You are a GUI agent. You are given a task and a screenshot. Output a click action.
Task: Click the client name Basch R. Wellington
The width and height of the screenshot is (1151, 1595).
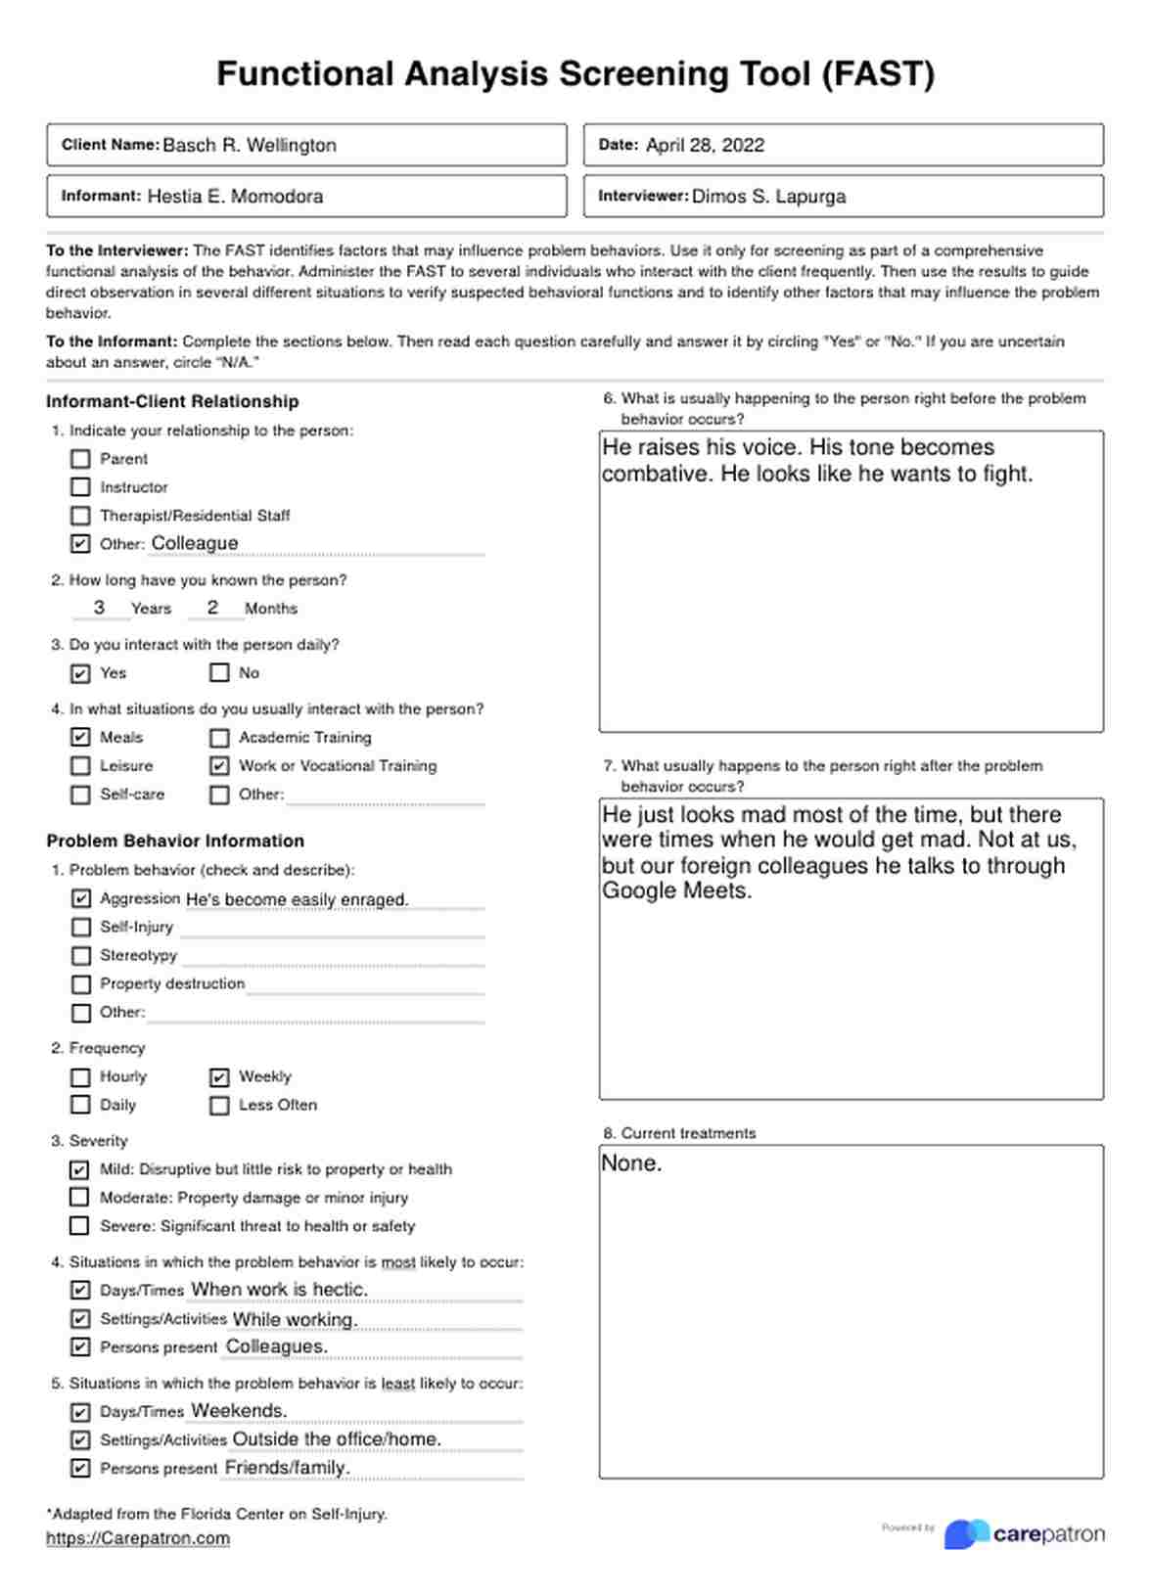(x=250, y=146)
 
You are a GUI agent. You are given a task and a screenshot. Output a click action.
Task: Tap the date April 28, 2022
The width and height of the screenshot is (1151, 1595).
(x=705, y=146)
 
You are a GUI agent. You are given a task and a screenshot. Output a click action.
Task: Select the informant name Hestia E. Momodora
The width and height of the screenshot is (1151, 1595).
(x=235, y=197)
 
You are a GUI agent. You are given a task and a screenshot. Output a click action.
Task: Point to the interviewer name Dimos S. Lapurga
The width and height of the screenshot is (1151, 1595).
(x=768, y=197)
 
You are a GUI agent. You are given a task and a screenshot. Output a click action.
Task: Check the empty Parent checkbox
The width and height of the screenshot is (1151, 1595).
(x=80, y=459)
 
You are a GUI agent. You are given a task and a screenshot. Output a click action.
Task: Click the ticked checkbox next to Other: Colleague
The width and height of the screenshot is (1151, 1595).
(x=80, y=544)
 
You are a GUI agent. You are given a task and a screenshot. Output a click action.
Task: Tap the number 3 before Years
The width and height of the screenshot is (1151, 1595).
(x=99, y=608)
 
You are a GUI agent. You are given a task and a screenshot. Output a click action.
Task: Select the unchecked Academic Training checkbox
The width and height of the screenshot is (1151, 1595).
(x=219, y=738)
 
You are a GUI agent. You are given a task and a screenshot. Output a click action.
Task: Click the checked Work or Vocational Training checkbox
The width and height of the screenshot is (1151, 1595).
(x=219, y=766)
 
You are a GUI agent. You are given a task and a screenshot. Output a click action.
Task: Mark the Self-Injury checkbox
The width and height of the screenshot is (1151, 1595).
(x=80, y=927)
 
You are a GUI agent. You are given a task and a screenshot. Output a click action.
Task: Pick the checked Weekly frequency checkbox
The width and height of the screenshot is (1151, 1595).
(x=219, y=1077)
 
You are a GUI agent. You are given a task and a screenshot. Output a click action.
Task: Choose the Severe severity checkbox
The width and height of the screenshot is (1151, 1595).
(x=79, y=1226)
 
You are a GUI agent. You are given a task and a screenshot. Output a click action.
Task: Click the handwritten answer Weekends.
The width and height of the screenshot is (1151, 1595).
(x=239, y=1411)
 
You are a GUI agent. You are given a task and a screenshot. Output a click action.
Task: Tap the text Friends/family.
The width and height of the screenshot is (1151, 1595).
(x=287, y=1468)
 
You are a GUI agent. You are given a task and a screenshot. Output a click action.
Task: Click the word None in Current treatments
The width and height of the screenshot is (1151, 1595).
(x=631, y=1163)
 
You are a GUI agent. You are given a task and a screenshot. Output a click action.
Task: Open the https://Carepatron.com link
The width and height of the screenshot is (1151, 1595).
(x=138, y=1538)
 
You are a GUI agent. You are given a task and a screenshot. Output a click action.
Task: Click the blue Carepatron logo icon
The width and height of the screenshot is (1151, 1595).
(x=966, y=1534)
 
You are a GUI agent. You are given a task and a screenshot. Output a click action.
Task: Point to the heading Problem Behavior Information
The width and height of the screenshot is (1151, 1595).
(x=175, y=841)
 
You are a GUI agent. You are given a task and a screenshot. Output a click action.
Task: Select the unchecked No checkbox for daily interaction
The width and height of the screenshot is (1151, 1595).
(x=219, y=673)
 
